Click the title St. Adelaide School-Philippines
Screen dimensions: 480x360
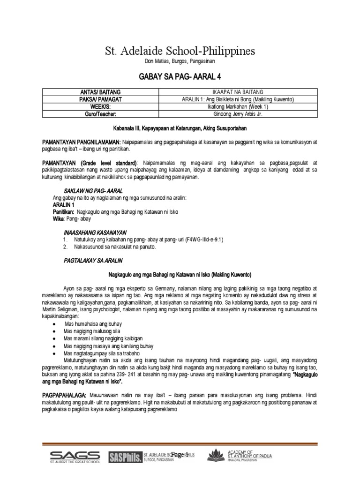[x=180, y=51]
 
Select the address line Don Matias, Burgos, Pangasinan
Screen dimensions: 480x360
[x=180, y=62]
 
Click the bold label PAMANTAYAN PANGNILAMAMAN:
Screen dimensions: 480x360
[x=82, y=142]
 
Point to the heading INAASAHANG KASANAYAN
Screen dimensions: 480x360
[x=96, y=232]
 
